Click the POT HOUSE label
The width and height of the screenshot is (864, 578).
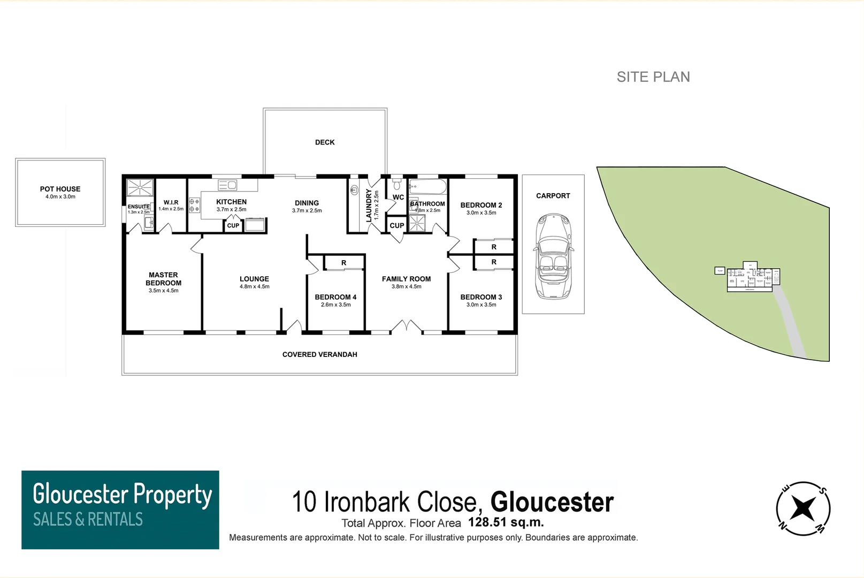[x=60, y=189]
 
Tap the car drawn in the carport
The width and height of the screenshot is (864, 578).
[x=553, y=256]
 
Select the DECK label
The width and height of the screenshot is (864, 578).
[x=325, y=142]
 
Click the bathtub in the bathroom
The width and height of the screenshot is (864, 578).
[x=427, y=187]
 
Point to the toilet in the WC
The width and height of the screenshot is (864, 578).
[x=396, y=185]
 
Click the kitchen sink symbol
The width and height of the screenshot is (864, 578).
[x=227, y=185]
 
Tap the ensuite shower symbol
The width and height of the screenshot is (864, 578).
[x=140, y=188]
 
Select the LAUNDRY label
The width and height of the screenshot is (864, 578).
[x=369, y=205]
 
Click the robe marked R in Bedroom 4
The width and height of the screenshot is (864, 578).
[x=344, y=263]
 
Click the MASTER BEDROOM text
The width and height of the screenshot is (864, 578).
[x=163, y=279]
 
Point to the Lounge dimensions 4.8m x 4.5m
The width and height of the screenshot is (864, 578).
[x=255, y=287]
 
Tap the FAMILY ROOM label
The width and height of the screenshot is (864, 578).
[x=406, y=279]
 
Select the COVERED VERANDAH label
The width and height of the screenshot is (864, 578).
[x=319, y=354]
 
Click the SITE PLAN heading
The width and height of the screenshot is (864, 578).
[x=653, y=77]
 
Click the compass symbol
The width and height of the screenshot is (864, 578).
[x=803, y=508]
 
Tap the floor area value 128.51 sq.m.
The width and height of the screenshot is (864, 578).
[x=506, y=522]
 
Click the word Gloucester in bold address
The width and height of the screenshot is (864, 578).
[x=552, y=502]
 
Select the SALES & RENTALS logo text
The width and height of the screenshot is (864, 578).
[x=88, y=519]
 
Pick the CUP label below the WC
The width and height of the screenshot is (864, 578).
[x=397, y=225]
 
